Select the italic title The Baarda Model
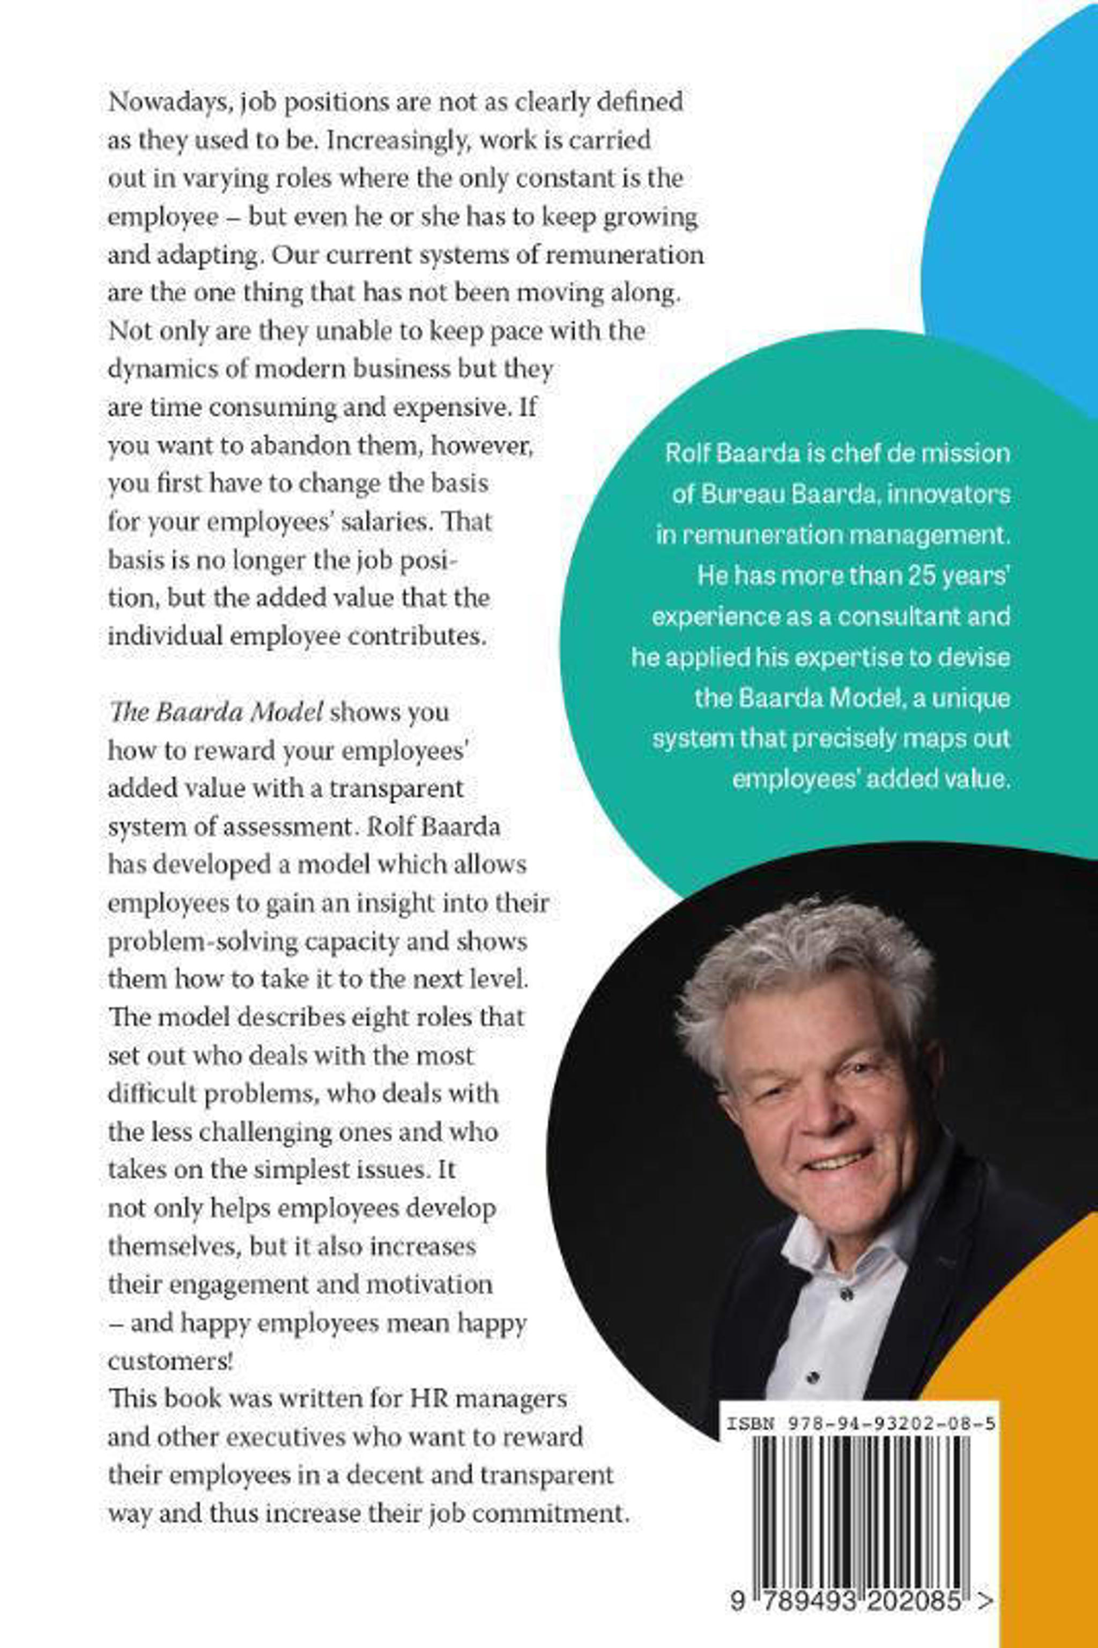216,712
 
